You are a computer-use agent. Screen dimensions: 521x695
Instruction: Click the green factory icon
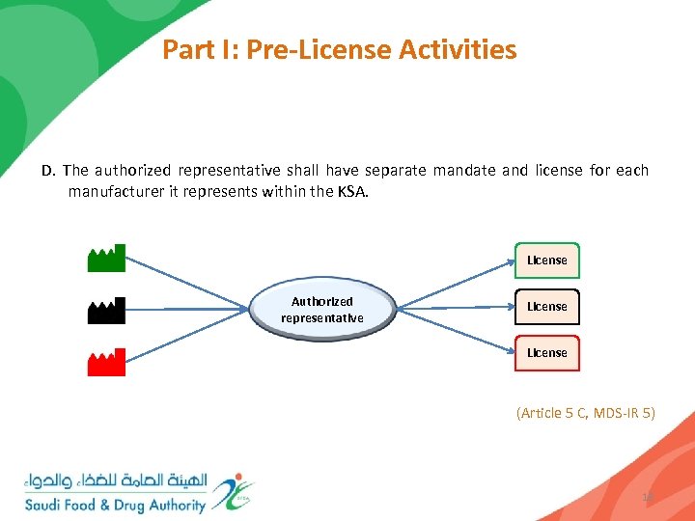[x=106, y=260]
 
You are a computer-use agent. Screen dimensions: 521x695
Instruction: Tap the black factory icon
[x=106, y=311]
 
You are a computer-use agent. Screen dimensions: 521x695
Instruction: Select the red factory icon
[x=106, y=363]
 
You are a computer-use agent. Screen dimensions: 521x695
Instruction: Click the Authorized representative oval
[x=322, y=310]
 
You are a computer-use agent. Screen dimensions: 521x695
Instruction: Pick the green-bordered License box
[x=546, y=260]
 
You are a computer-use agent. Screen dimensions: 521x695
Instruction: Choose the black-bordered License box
[x=546, y=307]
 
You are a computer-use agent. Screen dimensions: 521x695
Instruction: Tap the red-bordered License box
[x=546, y=353]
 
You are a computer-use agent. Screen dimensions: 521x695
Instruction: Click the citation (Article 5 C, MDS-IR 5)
[x=586, y=413]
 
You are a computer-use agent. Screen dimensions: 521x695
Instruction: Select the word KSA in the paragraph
[x=351, y=191]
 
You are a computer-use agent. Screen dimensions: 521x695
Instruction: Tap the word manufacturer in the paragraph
[x=117, y=191]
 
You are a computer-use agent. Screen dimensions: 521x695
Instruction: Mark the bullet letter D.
[x=48, y=171]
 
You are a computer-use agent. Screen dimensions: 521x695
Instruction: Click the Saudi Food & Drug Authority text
[x=116, y=505]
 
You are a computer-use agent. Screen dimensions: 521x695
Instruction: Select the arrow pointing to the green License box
[x=454, y=281]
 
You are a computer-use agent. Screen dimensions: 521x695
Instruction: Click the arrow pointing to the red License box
[x=454, y=331]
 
